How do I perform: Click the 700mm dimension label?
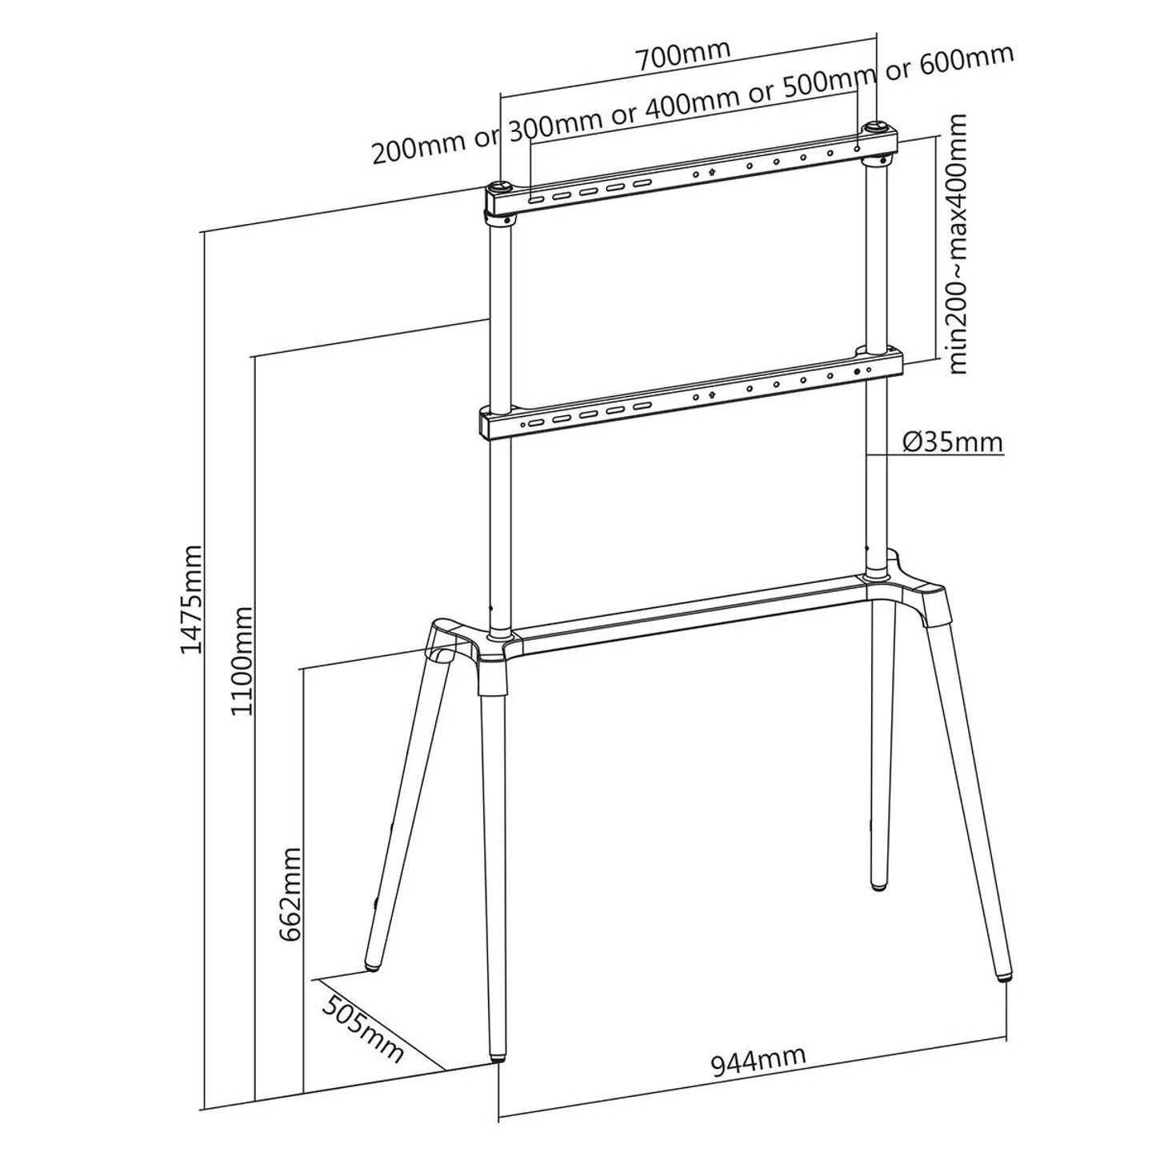click(682, 55)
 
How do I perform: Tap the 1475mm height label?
click(192, 600)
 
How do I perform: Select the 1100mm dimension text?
click(242, 661)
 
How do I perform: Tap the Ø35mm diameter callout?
click(952, 442)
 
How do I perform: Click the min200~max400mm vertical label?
click(957, 244)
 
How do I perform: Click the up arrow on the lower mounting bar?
click(711, 394)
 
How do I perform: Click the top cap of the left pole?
click(500, 188)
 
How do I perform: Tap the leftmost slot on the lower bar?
click(535, 422)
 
